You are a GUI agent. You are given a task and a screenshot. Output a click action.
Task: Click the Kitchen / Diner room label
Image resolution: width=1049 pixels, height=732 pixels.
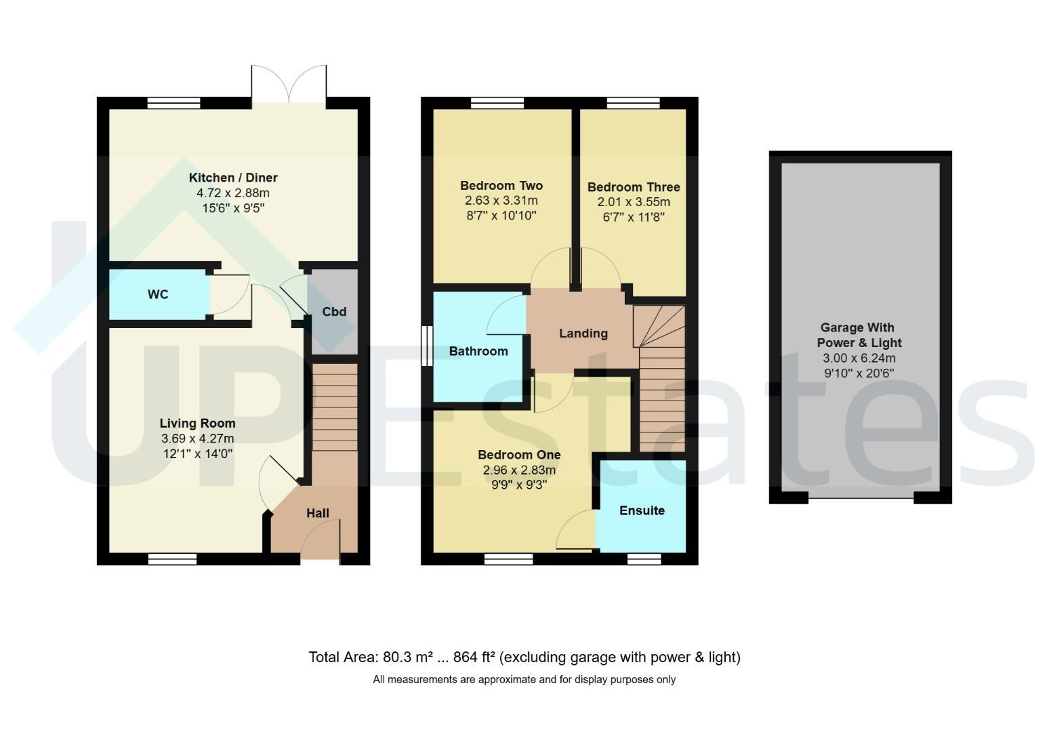233,178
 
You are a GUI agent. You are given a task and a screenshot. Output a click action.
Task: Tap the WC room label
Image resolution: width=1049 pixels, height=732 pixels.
158,295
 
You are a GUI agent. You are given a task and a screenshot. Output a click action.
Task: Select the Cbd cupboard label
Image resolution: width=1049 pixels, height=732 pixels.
334,312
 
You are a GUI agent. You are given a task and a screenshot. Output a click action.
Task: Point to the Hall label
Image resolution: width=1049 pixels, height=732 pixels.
318,513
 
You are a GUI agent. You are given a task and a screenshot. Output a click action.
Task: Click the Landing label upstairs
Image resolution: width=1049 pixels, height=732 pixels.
583,334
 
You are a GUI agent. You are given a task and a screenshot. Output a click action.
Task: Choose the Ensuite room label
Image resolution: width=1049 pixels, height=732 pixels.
642,510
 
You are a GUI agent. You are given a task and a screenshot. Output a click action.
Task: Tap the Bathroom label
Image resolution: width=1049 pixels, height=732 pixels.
478,351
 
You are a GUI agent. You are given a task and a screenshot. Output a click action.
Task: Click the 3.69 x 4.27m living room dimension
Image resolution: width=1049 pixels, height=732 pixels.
198,439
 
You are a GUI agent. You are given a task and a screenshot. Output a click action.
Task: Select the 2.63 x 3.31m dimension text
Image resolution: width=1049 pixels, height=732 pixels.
501,201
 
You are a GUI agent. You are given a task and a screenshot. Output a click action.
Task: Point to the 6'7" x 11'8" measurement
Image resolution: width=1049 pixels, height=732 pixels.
634,218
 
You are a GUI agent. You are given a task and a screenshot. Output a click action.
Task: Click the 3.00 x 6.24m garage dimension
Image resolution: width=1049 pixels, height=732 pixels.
859,359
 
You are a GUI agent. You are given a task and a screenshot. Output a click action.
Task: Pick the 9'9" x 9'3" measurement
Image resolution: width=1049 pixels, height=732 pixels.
519,485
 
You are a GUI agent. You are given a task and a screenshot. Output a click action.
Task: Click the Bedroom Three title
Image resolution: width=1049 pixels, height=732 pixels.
634,187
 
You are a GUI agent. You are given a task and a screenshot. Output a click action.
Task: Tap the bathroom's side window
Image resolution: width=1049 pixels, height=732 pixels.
427,346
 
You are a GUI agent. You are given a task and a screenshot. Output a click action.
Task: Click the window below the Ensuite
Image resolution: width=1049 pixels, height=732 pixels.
644,558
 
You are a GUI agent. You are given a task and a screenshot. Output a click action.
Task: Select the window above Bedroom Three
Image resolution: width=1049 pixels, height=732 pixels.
634,103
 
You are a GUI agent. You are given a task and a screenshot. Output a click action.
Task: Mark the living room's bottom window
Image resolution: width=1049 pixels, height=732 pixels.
172,558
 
